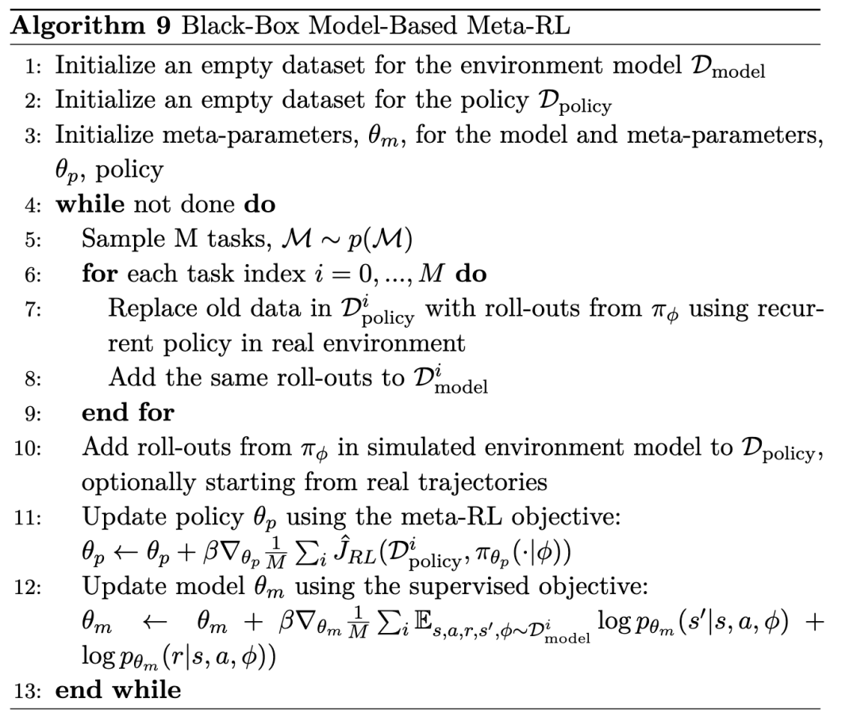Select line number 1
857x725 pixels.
(x=34, y=67)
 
